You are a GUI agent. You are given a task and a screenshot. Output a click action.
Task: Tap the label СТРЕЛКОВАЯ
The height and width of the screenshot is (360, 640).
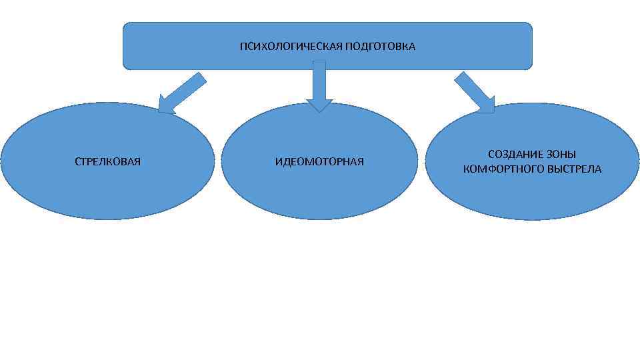coord(107,162)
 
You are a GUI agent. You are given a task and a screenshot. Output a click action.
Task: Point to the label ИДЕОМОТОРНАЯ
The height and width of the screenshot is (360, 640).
coord(319,162)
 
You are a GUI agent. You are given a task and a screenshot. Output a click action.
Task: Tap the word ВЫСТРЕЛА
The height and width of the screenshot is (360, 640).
coord(574,169)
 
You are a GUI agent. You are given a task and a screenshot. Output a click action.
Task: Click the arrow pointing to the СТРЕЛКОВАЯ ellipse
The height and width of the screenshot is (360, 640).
coord(183,93)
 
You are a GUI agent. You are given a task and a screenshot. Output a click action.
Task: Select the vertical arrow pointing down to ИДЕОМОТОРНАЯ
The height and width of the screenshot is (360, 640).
coord(319,83)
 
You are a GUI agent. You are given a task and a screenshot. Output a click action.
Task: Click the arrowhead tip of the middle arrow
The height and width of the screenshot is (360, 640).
coord(319,110)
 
